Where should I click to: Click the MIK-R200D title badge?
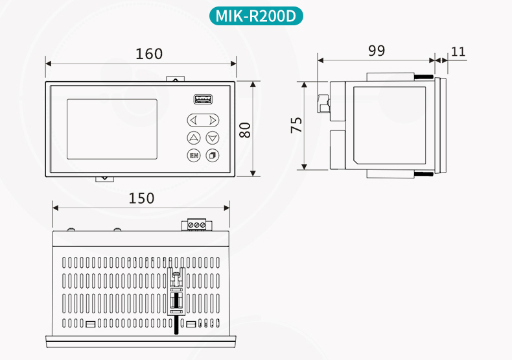coord(256,16)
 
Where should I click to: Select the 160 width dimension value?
coord(149,54)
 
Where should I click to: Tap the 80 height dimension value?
coord(245,130)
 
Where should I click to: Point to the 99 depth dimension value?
coord(376,51)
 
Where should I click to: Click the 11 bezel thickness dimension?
coord(458,51)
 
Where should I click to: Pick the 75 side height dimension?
coord(296,125)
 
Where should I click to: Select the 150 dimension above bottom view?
coord(141,198)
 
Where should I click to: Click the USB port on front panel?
coord(203,99)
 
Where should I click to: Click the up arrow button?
coord(194,138)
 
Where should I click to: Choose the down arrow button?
coord(212,138)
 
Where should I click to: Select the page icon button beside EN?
coord(212,156)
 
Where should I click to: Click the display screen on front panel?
coord(111,129)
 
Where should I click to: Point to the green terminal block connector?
coord(197,224)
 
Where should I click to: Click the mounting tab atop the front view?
coord(175,78)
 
